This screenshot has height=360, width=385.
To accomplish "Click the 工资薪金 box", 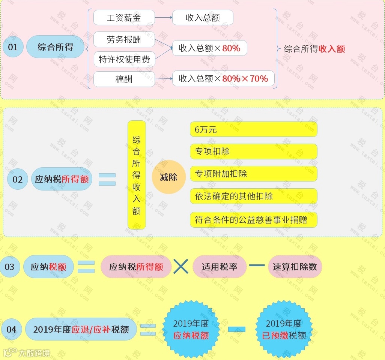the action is click(124, 18).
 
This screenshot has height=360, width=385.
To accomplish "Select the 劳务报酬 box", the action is click(124, 40).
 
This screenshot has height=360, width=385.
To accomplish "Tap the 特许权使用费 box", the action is click(124, 59).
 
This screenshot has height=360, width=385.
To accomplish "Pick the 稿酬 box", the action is click(124, 79).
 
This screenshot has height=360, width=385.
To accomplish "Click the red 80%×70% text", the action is click(245, 79).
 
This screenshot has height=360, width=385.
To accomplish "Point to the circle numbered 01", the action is click(13, 47).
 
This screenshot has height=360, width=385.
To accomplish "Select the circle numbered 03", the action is click(9, 267).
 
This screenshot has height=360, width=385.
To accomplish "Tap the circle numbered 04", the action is click(11, 330).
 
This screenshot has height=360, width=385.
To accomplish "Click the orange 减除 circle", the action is click(168, 177).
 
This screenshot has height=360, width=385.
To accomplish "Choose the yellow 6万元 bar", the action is click(254, 129).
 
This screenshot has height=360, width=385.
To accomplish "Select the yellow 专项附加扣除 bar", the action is click(254, 174).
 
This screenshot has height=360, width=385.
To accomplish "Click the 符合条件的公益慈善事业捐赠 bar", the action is click(254, 219).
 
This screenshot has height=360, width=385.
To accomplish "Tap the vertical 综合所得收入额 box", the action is click(137, 175).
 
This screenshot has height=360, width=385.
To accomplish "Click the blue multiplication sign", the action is click(181, 267).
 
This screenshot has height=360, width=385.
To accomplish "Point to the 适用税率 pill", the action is click(220, 267).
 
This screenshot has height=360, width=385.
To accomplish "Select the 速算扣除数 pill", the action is click(295, 267).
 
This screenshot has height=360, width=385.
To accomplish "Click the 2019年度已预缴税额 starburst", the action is click(284, 329).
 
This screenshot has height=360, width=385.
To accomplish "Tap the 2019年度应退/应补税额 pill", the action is click(81, 330).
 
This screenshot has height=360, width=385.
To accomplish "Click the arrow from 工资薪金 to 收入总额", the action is click(163, 18).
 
